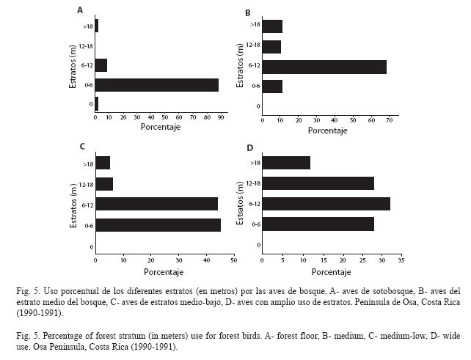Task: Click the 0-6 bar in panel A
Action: [157, 85]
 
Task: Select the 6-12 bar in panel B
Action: [324, 67]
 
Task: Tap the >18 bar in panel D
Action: [286, 163]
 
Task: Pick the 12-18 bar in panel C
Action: [104, 184]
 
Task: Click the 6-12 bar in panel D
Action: [326, 204]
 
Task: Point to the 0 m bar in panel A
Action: [97, 104]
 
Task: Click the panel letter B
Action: [248, 13]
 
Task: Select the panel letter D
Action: [250, 148]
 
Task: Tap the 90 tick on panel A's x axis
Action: [221, 118]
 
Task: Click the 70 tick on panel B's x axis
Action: [390, 120]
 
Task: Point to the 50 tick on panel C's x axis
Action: [234, 260]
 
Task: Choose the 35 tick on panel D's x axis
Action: [401, 260]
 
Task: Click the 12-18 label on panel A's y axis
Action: [86, 46]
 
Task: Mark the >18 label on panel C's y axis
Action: [88, 164]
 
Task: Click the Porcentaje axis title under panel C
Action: [164, 272]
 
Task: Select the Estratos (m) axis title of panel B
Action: [240, 65]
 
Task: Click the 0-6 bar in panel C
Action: [158, 225]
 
